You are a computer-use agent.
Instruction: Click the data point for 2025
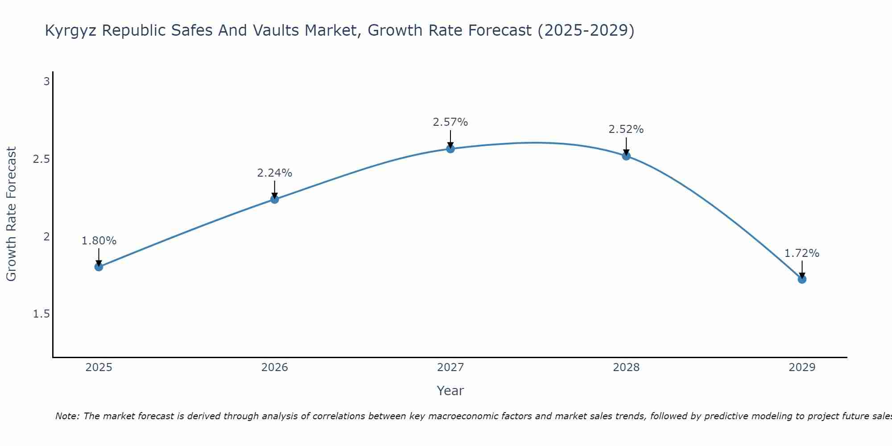click(x=99, y=267)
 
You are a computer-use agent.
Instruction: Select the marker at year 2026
click(x=275, y=199)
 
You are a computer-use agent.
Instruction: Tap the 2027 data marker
click(x=450, y=149)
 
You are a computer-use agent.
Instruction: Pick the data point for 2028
click(x=626, y=156)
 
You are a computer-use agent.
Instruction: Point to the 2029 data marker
click(x=802, y=279)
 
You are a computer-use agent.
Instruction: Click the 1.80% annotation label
click(x=99, y=241)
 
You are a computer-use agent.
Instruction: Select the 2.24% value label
click(x=275, y=173)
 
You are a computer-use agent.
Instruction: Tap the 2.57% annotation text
click(x=450, y=122)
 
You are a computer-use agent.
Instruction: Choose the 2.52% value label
click(x=626, y=129)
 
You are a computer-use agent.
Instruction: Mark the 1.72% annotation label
click(x=802, y=253)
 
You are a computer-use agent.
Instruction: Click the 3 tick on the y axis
click(x=46, y=82)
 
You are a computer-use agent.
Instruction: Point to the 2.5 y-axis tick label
click(x=41, y=159)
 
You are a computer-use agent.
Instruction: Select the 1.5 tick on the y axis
click(x=41, y=314)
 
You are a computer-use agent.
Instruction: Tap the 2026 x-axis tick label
click(x=275, y=368)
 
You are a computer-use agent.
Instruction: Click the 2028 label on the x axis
click(x=626, y=368)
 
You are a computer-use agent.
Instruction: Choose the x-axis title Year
click(x=450, y=391)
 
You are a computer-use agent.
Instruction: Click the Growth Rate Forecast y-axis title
click(x=11, y=214)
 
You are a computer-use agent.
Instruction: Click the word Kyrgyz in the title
click(x=71, y=31)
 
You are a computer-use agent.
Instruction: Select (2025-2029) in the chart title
click(x=586, y=31)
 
